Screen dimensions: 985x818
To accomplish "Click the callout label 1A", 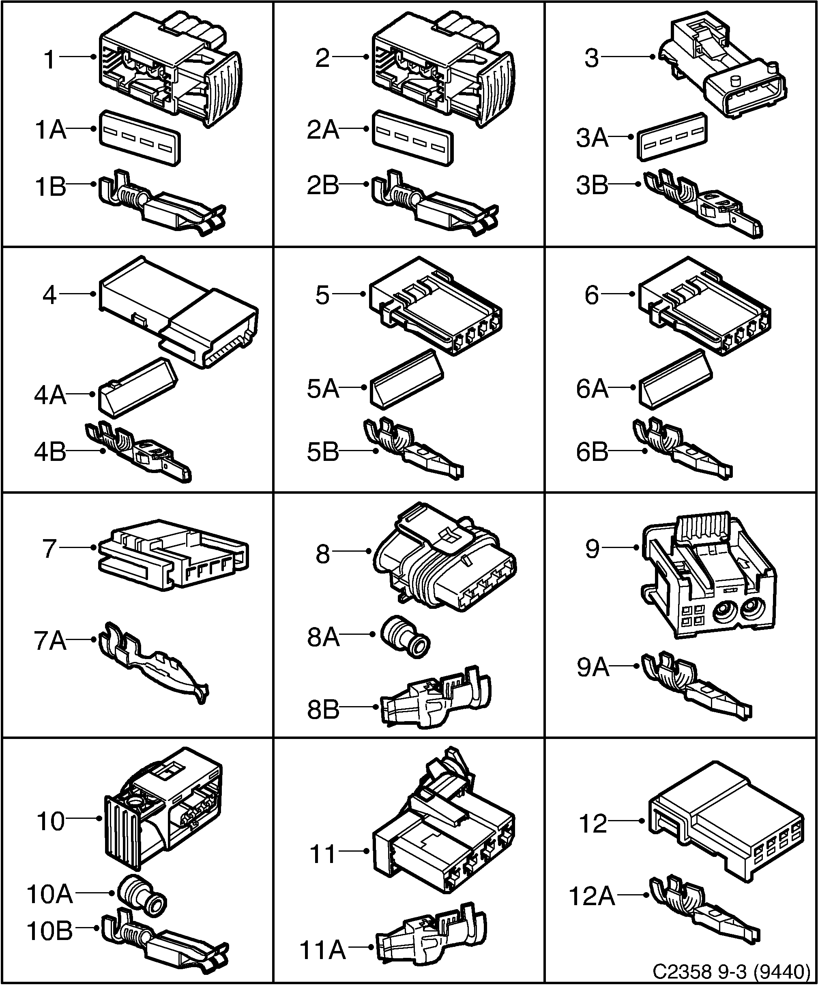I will click(x=51, y=130).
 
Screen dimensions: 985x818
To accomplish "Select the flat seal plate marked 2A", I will click(x=412, y=138).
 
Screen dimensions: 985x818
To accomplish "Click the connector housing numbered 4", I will click(x=178, y=312).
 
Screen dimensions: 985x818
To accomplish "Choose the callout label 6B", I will click(x=592, y=452).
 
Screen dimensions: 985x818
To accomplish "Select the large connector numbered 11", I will click(x=444, y=830).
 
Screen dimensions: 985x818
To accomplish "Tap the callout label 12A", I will click(x=592, y=896).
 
